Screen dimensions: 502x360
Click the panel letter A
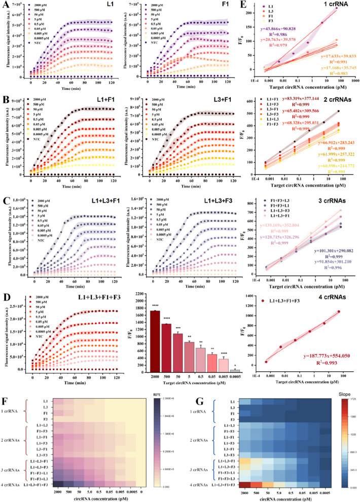coord(4,4)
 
